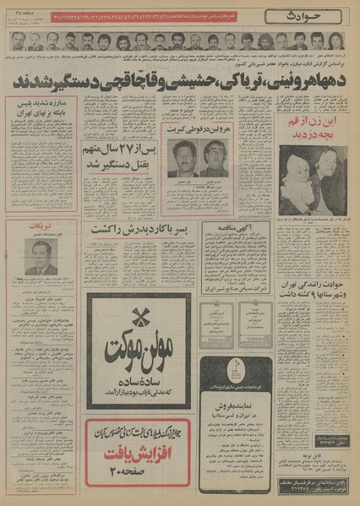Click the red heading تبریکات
(41, 226)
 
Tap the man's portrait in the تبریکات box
(41, 258)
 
